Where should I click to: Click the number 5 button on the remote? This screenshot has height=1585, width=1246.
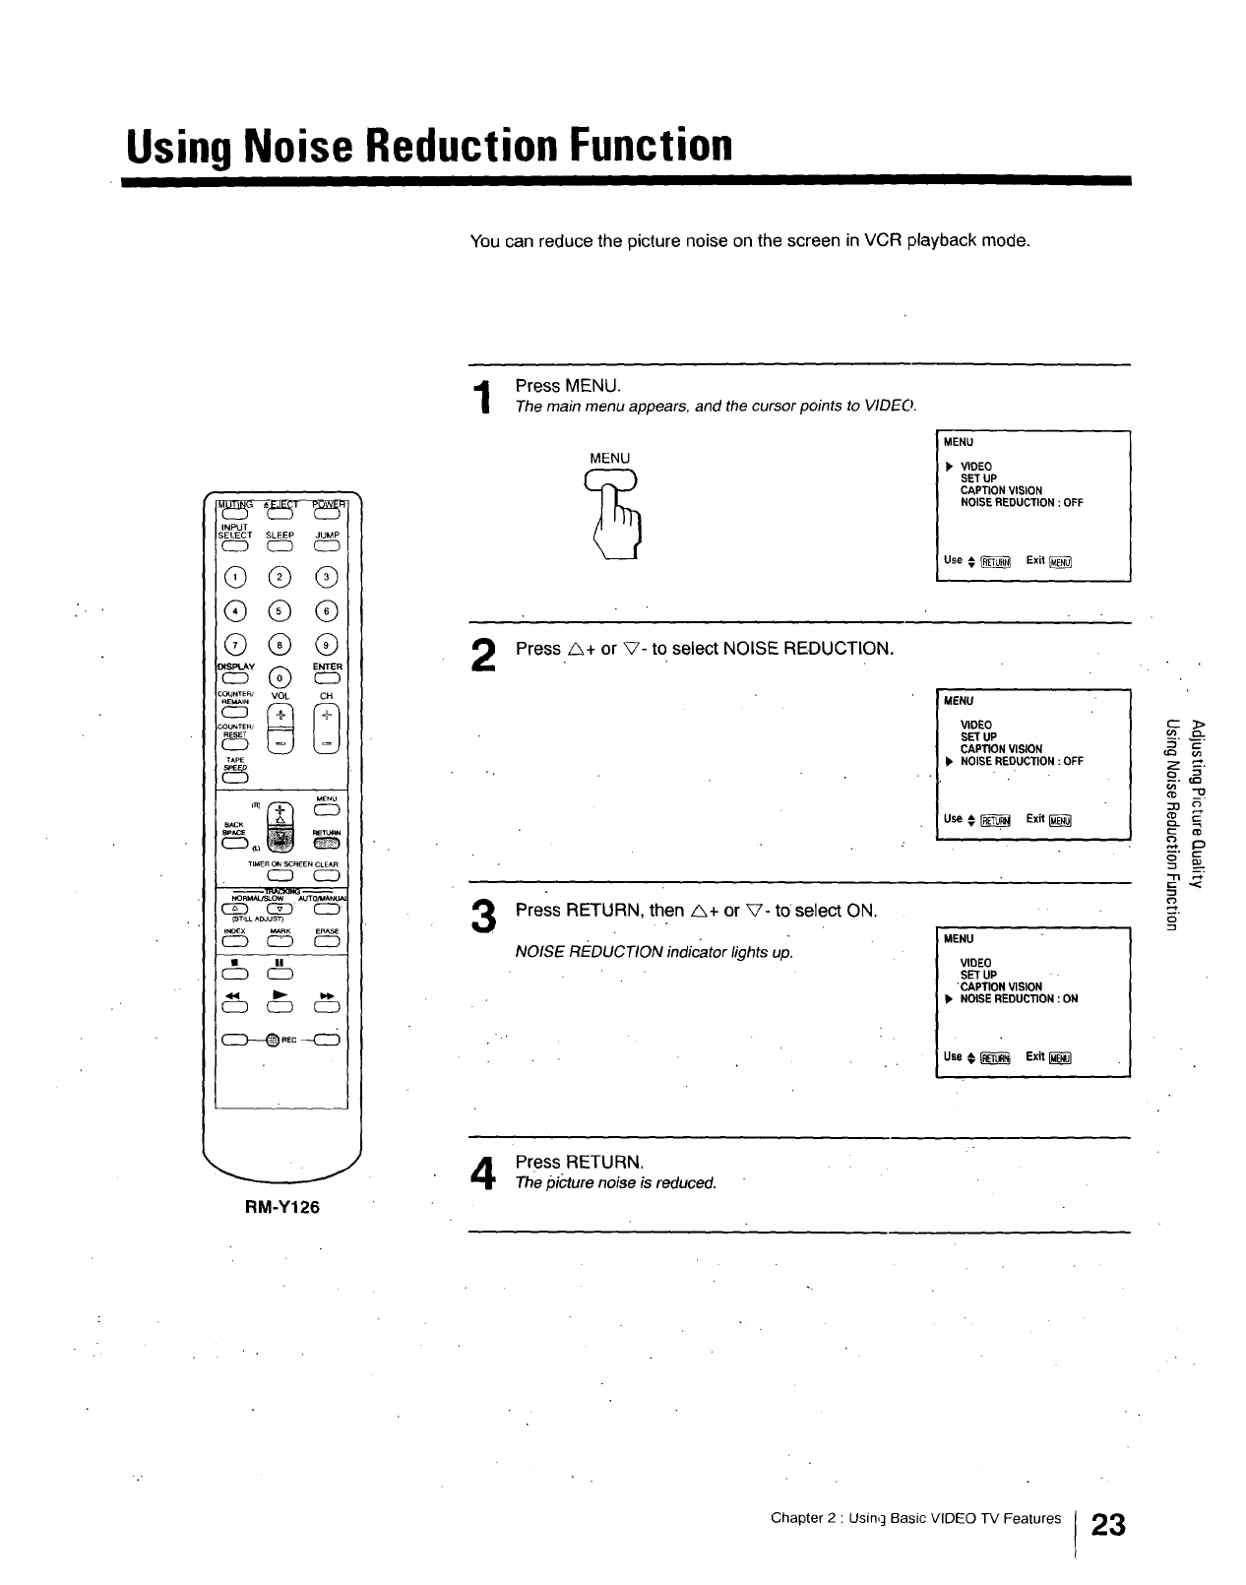280,610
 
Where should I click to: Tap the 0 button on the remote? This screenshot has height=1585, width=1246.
280,678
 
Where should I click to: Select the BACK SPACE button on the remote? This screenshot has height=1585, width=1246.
235,843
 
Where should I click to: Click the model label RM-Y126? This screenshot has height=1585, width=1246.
281,1207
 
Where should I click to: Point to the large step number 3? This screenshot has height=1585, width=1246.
482,918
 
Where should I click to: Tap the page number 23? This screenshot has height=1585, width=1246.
1108,1525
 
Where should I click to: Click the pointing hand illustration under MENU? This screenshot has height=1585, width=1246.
617,517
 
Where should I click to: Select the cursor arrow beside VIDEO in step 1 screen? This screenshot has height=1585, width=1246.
948,467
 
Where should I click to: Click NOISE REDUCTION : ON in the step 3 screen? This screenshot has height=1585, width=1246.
1019,998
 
